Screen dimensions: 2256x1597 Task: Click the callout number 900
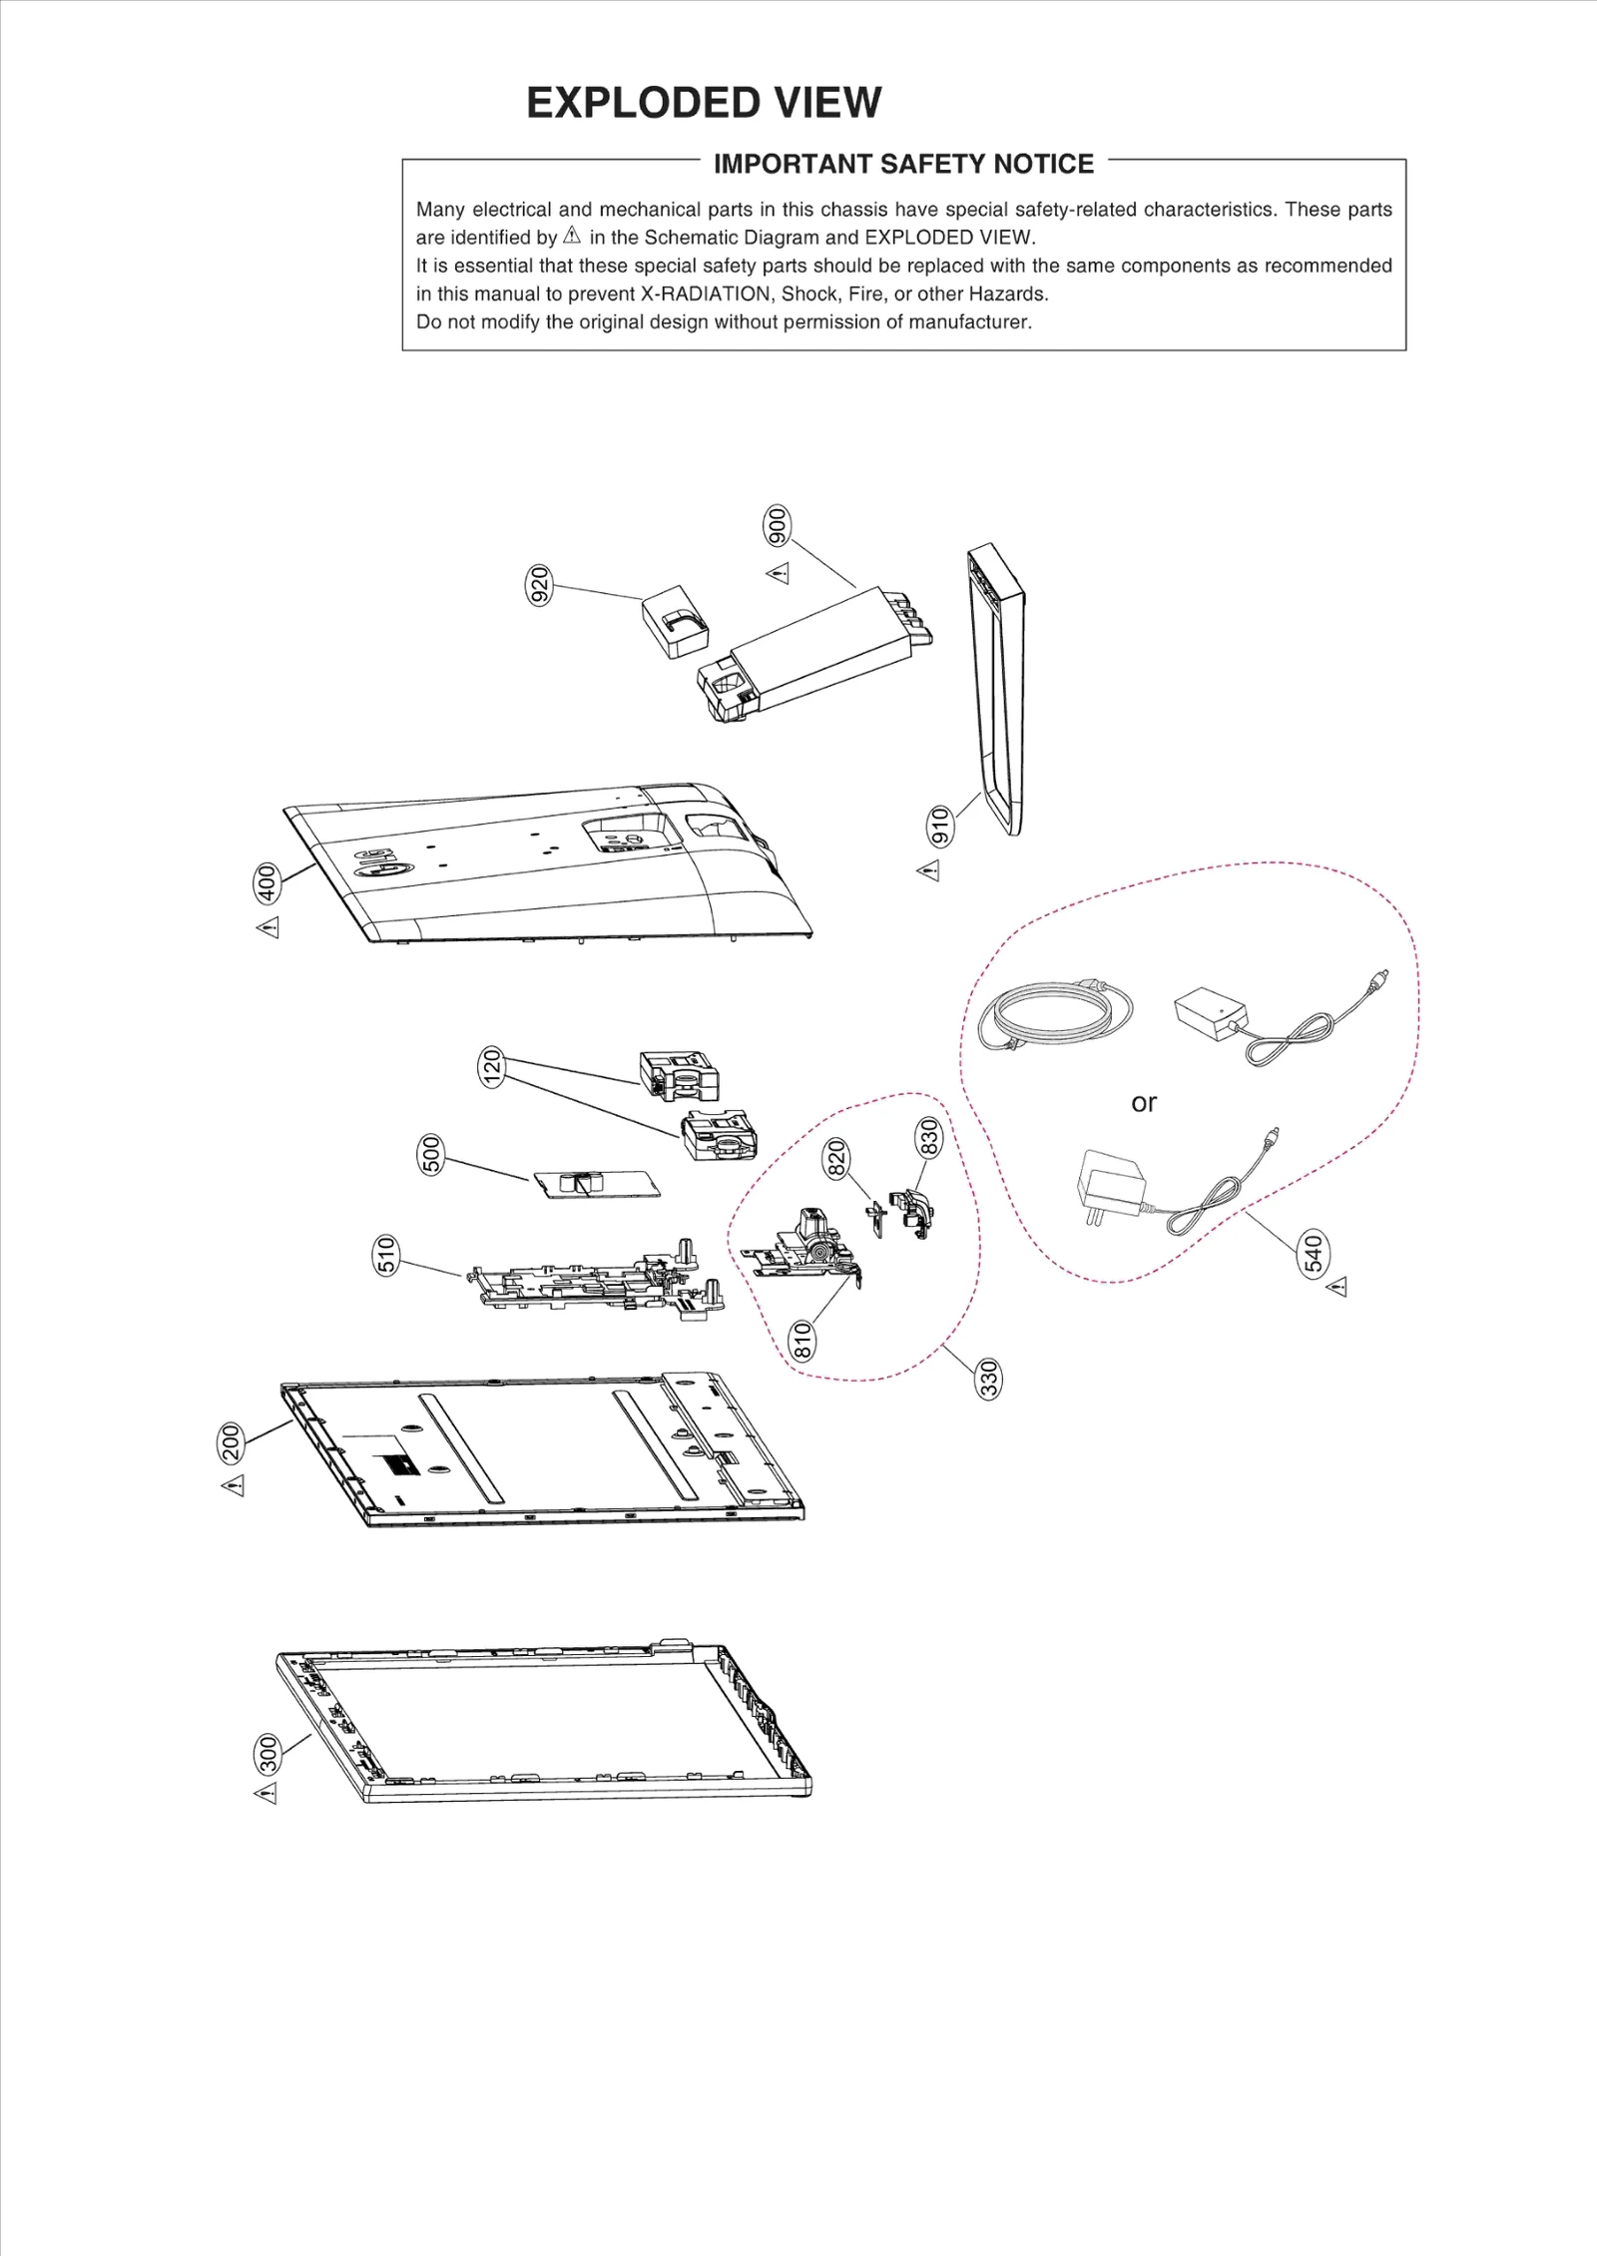click(777, 526)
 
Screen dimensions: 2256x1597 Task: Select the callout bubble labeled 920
click(539, 585)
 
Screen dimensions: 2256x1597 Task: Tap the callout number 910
click(940, 827)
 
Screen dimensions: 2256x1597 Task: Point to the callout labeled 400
click(266, 881)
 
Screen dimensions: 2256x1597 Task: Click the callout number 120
click(491, 1067)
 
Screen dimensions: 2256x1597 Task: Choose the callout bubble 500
click(430, 1154)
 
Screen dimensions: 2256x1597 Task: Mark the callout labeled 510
click(386, 1255)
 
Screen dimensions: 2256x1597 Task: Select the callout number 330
click(988, 1379)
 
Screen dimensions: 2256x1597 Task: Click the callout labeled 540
click(1314, 1254)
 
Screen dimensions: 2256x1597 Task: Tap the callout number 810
click(802, 1340)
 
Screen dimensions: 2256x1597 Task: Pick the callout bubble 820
click(835, 1158)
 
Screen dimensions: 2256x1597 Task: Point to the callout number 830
click(928, 1137)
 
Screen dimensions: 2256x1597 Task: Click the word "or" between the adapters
click(1144, 1103)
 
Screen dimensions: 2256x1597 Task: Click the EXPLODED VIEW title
click(704, 103)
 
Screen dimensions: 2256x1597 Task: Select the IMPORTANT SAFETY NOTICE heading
click(903, 164)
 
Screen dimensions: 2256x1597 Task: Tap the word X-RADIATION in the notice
click(705, 294)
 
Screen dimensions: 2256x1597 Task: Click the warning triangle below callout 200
click(234, 1486)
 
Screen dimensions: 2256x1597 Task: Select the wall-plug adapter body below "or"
click(1109, 1184)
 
